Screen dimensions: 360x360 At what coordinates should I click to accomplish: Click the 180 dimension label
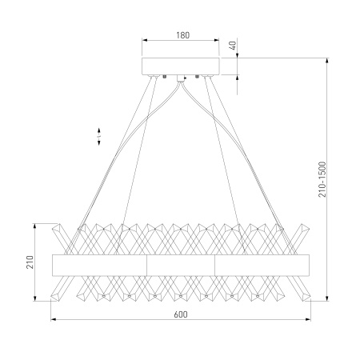point(182,35)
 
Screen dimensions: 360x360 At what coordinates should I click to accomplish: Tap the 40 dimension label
point(233,46)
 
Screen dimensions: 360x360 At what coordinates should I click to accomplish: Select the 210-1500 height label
point(322,179)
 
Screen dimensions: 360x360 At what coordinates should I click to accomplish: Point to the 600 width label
point(181,314)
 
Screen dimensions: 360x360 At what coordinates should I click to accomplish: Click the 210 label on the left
point(30,262)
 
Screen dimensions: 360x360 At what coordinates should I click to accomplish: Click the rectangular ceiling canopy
point(181,66)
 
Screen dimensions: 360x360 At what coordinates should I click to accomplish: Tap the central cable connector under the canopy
point(181,78)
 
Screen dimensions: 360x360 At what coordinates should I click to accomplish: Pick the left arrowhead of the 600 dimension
point(54,319)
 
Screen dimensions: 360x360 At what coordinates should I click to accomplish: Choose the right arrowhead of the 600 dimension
point(307,319)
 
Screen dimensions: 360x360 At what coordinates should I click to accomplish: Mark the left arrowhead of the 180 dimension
point(145,40)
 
